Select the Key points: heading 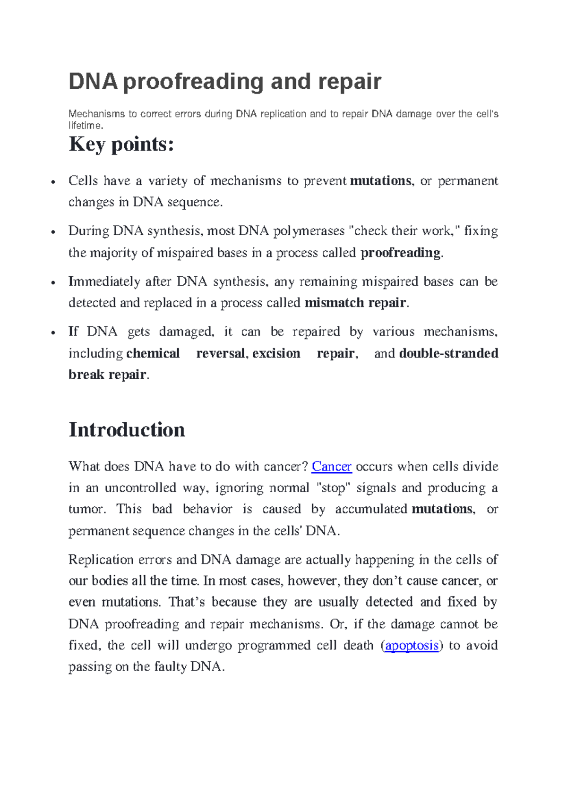pos(121,144)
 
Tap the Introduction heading pos(127,430)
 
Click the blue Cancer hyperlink pos(332,467)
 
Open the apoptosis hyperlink pos(412,646)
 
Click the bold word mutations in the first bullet pos(380,181)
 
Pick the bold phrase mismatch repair pos(355,303)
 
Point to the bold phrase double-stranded pos(448,353)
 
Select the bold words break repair pos(107,375)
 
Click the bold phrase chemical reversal pos(186,353)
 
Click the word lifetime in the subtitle pos(85,126)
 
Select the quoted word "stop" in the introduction pos(333,488)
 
